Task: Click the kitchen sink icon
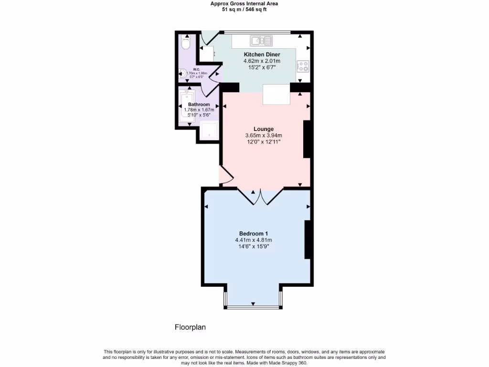[261, 41]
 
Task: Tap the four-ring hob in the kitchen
[303, 66]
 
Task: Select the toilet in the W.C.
[186, 44]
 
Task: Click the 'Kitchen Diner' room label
[262, 54]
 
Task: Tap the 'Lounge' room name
[264, 129]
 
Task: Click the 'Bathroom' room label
[199, 104]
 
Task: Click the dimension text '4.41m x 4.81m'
[253, 240]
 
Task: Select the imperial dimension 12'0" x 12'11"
[264, 142]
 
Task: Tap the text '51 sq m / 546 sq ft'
[244, 10]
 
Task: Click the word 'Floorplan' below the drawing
[190, 327]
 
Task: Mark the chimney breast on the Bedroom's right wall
[308, 239]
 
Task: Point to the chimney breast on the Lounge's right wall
[308, 139]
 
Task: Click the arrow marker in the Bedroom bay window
[253, 304]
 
